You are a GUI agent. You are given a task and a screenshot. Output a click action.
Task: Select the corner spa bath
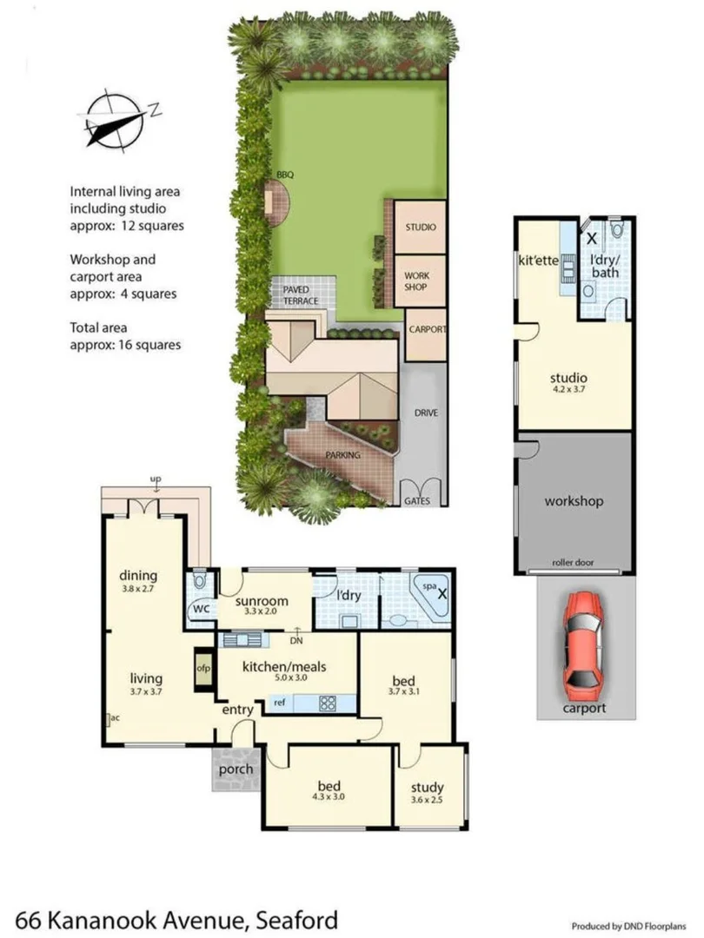coord(431,596)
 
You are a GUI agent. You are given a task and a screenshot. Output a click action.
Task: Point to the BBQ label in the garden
coord(285,175)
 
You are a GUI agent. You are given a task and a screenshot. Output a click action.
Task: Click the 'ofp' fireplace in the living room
coord(203,669)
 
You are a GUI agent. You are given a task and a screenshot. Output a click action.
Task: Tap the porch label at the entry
coord(236,769)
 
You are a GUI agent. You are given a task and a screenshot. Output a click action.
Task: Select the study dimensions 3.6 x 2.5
coord(427,800)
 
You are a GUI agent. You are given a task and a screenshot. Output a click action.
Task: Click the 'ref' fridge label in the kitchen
coord(279,702)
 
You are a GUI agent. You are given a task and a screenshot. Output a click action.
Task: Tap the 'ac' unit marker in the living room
coord(114,718)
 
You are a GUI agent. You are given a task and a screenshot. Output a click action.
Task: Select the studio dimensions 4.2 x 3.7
coord(568,391)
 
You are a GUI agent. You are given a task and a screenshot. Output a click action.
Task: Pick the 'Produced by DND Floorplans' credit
coord(634,924)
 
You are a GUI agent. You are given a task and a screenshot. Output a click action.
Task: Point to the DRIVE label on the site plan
coord(424,413)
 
